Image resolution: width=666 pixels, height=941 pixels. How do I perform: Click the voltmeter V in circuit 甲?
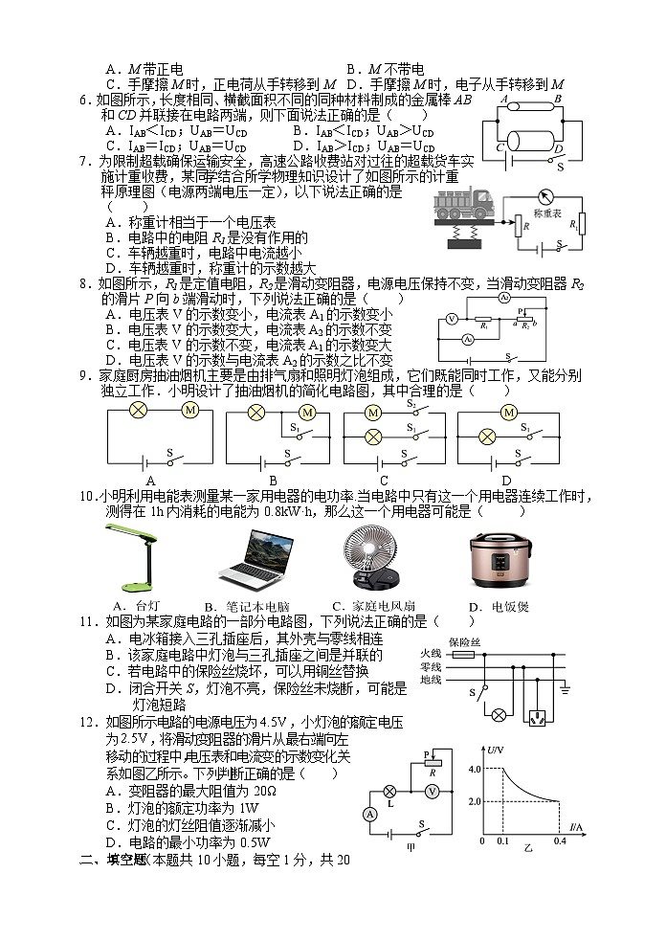coord(432,792)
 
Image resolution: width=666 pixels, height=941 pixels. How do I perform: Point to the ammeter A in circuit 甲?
coord(370,813)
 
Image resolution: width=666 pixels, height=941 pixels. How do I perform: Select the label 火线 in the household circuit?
coord(431,654)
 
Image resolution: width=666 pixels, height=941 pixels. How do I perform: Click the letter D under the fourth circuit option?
coord(506,482)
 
